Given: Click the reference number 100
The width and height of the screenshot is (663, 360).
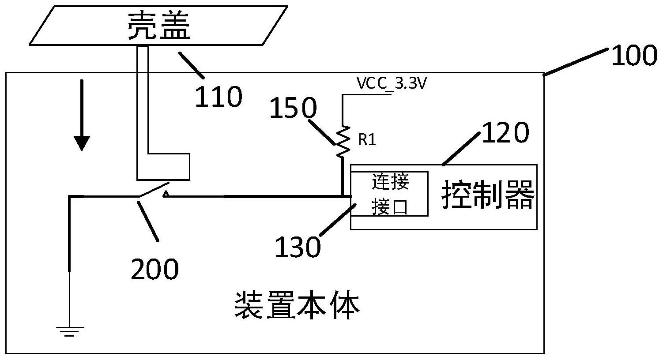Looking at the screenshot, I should pyautogui.click(x=634, y=56).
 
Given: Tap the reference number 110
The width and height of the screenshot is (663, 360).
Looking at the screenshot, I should pyautogui.click(x=218, y=97).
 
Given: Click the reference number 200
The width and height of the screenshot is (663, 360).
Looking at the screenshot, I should pyautogui.click(x=154, y=269).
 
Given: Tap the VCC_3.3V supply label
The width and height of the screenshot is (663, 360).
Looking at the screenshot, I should pyautogui.click(x=391, y=84).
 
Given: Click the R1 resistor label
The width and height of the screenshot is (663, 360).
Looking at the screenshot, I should pyautogui.click(x=367, y=140).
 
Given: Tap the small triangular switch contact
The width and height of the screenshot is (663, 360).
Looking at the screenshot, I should pyautogui.click(x=165, y=193).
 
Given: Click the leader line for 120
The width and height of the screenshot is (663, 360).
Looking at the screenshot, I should pyautogui.click(x=461, y=148).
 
